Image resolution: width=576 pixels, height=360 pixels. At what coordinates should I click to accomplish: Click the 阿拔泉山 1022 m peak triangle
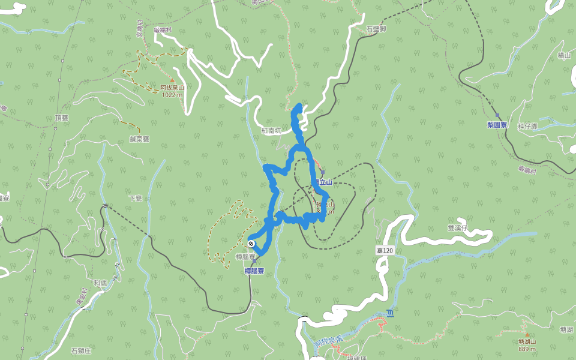click(172, 80)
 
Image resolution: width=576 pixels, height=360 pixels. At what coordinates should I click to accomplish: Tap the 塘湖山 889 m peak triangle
click(527, 334)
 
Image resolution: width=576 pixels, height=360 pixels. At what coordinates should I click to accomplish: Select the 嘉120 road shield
click(384, 250)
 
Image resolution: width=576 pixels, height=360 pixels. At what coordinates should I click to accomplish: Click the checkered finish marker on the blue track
click(250, 244)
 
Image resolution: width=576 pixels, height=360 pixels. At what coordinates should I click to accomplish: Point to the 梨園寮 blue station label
click(497, 125)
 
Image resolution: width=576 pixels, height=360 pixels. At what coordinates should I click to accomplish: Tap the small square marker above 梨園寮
click(497, 115)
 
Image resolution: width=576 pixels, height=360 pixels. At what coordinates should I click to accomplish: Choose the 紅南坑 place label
click(271, 130)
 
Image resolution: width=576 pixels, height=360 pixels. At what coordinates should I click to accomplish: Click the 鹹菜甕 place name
click(139, 139)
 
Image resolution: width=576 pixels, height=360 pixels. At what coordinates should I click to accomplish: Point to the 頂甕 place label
click(62, 118)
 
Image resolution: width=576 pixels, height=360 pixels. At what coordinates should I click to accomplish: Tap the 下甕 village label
click(135, 197)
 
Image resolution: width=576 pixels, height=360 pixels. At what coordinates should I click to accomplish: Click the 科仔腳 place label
click(527, 126)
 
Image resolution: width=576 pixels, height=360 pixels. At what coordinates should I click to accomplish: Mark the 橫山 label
click(564, 55)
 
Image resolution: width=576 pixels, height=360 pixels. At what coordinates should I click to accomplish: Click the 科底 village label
click(100, 281)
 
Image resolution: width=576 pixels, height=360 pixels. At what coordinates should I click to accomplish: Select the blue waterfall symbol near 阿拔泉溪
click(391, 313)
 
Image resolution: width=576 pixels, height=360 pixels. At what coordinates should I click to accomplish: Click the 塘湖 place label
click(566, 329)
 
